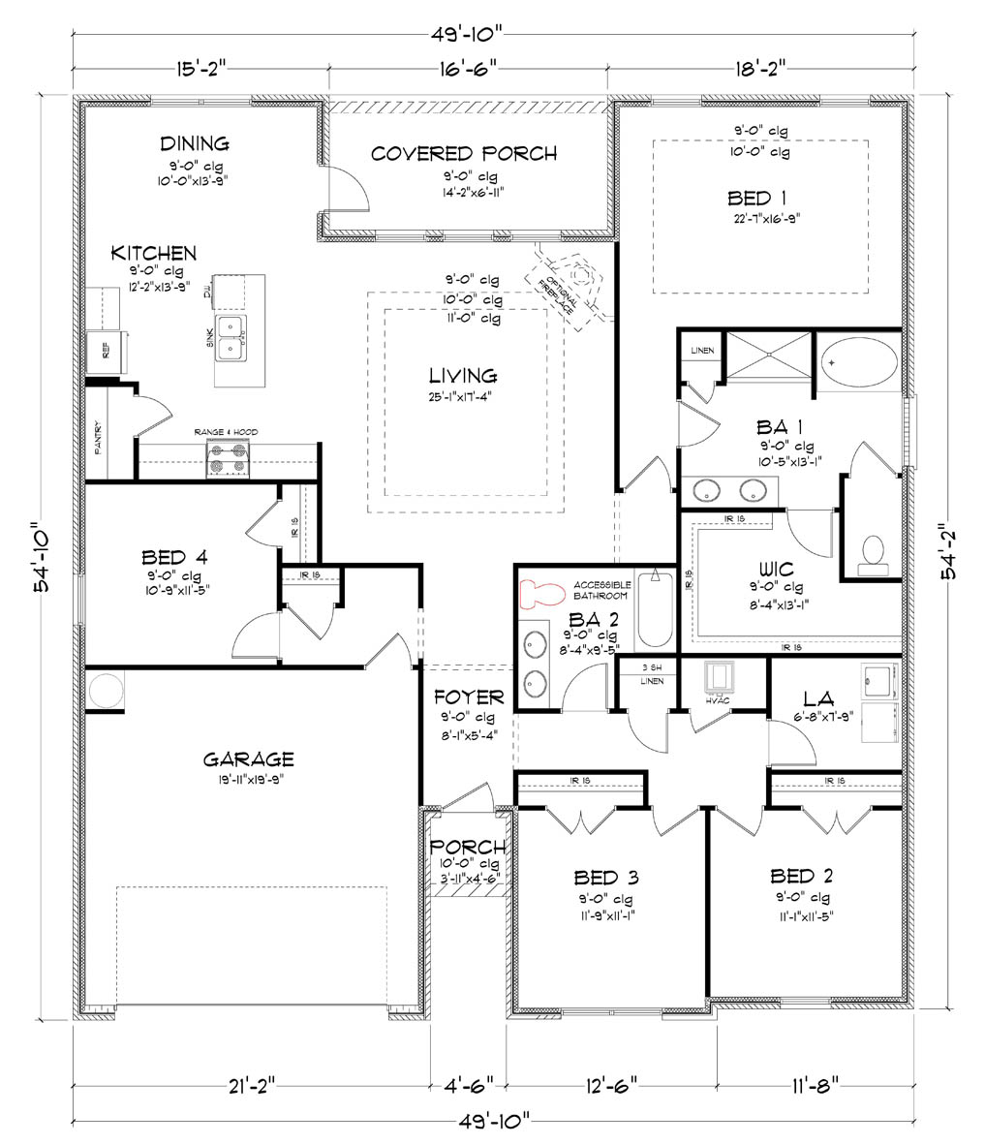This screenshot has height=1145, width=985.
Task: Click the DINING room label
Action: point(195,144)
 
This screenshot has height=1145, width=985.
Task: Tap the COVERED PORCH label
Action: point(464,153)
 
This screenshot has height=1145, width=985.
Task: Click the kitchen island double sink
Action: point(231,337)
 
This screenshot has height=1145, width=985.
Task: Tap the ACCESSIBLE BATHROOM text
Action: point(601,590)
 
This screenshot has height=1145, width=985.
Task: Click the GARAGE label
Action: point(248,759)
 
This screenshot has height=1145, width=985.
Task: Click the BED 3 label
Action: point(605,878)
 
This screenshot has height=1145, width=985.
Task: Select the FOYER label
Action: point(469,697)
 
